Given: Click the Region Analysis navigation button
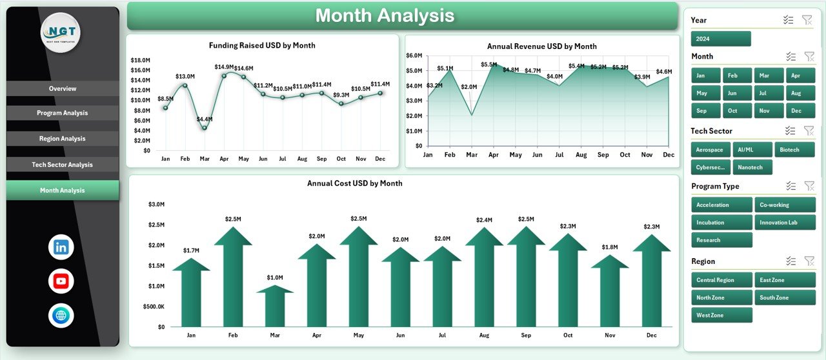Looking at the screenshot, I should (63, 139).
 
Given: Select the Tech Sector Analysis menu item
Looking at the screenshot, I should (63, 165).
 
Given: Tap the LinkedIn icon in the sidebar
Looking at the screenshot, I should (61, 247).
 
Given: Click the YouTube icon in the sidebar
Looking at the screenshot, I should (61, 281).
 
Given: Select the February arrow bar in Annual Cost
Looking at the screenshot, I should (233, 277).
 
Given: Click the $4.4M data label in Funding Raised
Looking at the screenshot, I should (205, 119).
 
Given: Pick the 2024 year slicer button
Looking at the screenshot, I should (721, 39).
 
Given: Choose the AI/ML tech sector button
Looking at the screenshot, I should (752, 150).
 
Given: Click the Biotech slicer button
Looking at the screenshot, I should (794, 150).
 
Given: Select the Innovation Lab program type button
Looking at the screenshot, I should (785, 223).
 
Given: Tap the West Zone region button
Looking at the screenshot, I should (721, 315).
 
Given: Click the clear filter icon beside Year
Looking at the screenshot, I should (807, 20).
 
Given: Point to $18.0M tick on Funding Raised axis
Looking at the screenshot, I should (140, 60).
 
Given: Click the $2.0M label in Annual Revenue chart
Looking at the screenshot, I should (469, 87).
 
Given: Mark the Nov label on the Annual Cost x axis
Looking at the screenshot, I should (610, 335).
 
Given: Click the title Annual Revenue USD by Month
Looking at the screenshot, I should (541, 46).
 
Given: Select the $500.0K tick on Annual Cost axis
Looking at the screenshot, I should (154, 306).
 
